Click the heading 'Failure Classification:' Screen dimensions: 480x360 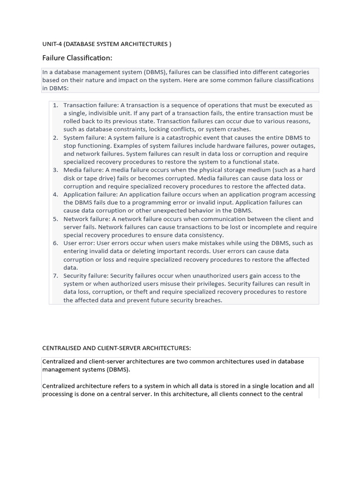[x=77, y=58]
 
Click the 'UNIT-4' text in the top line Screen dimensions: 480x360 [x=52, y=44]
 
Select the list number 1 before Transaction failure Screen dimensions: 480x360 [x=55, y=105]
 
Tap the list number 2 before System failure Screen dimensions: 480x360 [x=55, y=137]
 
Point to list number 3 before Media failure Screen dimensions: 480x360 [x=55, y=170]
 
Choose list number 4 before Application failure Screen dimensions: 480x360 [x=55, y=194]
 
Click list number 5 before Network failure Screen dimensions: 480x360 [x=55, y=218]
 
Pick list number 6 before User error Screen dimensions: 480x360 [x=55, y=243]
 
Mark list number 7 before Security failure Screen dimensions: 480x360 [x=55, y=276]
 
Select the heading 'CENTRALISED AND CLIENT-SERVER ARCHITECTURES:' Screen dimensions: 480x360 [x=117, y=348]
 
